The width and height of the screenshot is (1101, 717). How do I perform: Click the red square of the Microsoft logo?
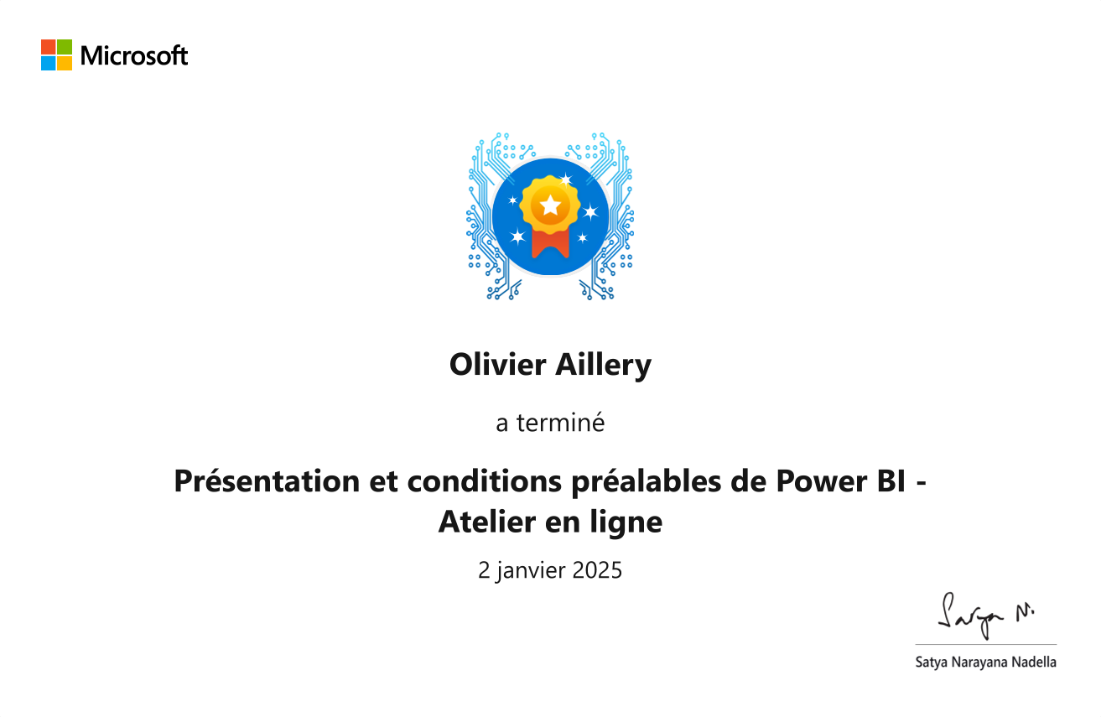48,47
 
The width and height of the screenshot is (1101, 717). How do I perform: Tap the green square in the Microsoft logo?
65,47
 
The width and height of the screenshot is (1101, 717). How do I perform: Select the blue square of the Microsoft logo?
48,63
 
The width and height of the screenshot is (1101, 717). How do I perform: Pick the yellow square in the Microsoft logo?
65,63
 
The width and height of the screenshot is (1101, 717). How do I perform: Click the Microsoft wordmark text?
134,55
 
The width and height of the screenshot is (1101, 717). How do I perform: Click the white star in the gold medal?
550,205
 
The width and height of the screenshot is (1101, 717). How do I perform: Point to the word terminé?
560,423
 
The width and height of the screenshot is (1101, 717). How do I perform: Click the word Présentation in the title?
267,481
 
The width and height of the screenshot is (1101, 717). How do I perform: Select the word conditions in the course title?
485,481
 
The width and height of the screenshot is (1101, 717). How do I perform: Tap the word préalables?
647,481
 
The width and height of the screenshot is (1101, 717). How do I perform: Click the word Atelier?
487,522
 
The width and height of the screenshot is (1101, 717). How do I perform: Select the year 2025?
597,570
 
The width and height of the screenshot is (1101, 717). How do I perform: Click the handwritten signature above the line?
985,616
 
